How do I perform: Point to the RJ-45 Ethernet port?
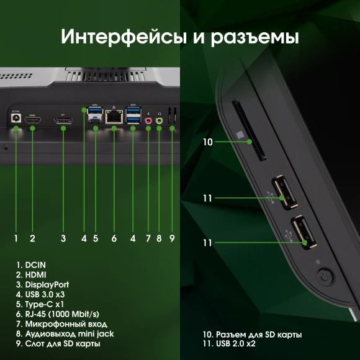tap(114, 116)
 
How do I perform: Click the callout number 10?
tap(207, 142)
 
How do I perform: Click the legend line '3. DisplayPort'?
tap(42, 284)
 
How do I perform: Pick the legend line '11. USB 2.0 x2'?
tap(225, 343)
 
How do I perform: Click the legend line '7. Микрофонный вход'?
tap(61, 323)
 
